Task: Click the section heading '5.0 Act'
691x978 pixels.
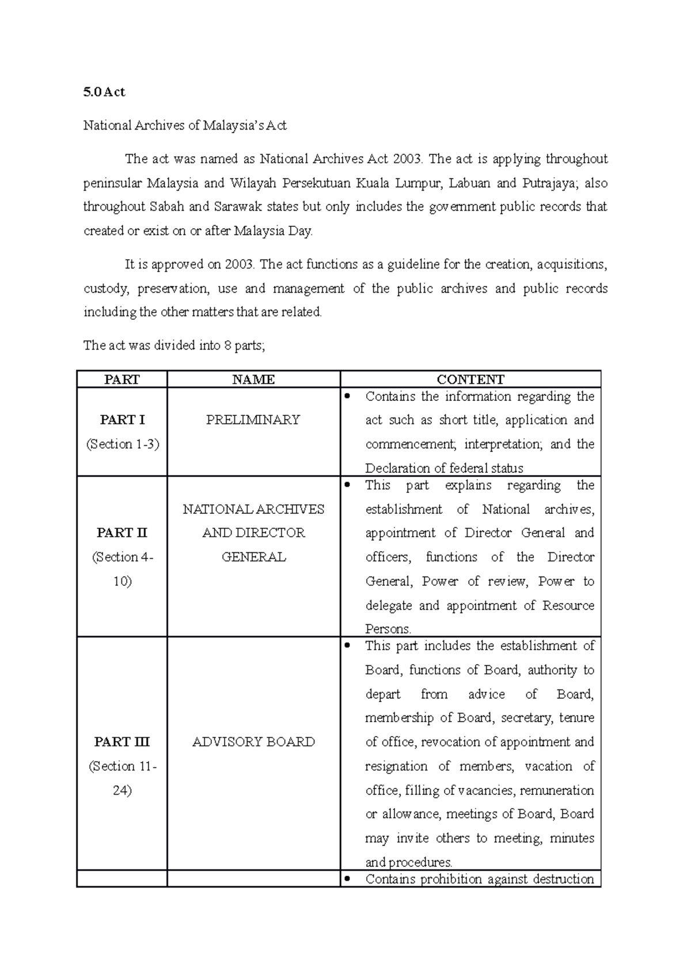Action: point(104,92)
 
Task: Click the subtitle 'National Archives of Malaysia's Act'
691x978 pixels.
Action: point(185,126)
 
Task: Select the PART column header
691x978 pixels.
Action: point(122,380)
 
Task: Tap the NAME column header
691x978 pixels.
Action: point(253,380)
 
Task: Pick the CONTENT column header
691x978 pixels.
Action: point(470,380)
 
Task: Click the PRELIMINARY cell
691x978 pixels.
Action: point(253,420)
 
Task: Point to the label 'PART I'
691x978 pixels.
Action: point(122,420)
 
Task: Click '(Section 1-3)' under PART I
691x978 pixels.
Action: point(122,444)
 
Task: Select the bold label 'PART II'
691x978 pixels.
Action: point(122,533)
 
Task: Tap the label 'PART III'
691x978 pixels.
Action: point(122,742)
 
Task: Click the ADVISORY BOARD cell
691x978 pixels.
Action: point(253,742)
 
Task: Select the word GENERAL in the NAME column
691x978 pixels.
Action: point(253,557)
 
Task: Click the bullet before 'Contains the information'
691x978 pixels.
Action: point(347,396)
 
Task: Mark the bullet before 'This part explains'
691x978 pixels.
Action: point(347,484)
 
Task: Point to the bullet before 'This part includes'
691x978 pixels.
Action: point(347,645)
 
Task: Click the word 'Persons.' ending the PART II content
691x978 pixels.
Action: point(388,629)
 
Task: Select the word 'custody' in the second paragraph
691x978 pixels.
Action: point(106,289)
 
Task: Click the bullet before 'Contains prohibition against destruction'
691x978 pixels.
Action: point(347,878)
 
